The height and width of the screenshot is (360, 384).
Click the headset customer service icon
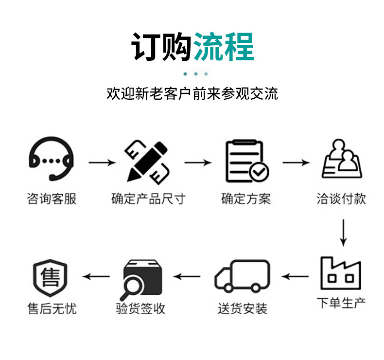(51, 158)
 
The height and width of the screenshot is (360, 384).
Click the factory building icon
(341, 273)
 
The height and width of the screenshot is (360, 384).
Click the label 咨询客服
(52, 199)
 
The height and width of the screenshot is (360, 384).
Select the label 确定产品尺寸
(148, 199)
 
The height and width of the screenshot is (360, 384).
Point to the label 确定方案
(246, 199)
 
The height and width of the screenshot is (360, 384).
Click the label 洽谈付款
(341, 199)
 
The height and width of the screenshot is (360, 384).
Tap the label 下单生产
(341, 304)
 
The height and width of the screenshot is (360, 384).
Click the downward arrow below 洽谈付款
(343, 233)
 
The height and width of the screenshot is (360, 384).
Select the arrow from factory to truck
(296, 277)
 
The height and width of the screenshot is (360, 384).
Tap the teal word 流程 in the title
(224, 47)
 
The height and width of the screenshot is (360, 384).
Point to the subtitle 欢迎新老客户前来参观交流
(192, 93)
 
